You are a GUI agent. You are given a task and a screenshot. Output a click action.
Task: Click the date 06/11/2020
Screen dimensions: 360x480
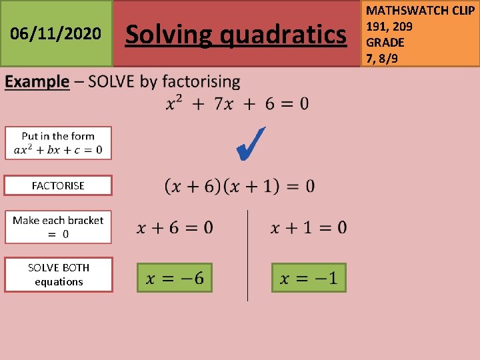(x=56, y=33)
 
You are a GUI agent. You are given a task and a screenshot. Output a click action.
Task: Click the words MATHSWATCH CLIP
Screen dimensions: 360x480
(x=420, y=11)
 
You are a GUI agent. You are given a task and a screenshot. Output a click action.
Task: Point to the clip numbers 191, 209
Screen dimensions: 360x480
(x=389, y=27)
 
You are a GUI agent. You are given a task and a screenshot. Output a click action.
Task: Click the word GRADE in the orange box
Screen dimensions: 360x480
(x=385, y=42)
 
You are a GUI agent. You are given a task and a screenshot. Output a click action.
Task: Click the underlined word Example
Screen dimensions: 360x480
(x=37, y=82)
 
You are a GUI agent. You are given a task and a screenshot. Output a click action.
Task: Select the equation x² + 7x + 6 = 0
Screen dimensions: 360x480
(x=237, y=103)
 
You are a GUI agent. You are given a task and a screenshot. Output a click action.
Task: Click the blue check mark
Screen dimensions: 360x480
(x=252, y=143)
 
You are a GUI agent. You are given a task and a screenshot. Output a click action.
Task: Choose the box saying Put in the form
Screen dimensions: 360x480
(x=58, y=143)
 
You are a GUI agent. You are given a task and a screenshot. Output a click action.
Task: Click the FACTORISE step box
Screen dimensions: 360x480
(x=58, y=185)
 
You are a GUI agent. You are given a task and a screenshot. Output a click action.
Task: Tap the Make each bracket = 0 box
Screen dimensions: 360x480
(x=58, y=227)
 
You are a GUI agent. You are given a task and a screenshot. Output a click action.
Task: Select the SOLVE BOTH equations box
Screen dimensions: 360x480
(x=58, y=274)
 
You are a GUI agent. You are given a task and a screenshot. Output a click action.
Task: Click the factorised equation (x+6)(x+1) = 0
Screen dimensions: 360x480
(x=239, y=186)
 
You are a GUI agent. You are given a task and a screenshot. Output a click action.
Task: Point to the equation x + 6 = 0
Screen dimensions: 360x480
(x=175, y=228)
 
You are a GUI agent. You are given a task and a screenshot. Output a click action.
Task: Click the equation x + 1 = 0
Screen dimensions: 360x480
(x=308, y=228)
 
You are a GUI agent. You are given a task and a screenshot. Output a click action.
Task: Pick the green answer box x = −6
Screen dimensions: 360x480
(x=175, y=277)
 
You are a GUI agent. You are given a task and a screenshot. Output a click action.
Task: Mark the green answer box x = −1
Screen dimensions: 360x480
(x=309, y=277)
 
